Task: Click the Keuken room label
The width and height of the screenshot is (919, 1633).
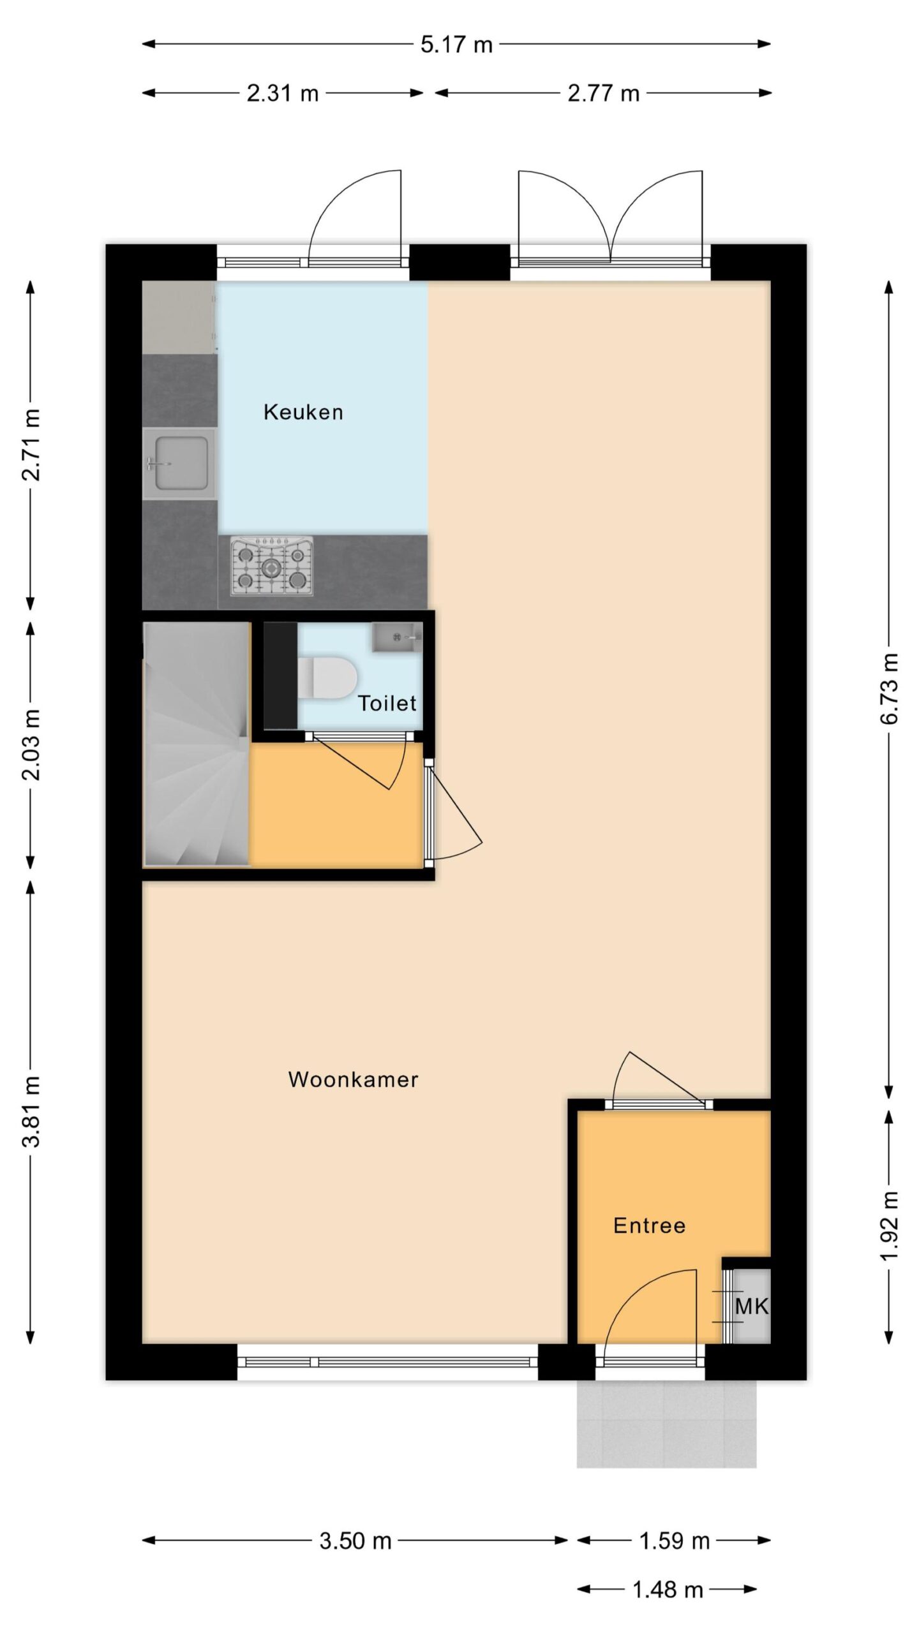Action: (303, 412)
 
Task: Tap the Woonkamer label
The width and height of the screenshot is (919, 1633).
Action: (353, 1079)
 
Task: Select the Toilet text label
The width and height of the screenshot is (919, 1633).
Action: (387, 703)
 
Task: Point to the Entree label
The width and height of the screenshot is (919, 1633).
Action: (649, 1225)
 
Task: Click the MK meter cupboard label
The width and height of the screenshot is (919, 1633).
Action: (752, 1306)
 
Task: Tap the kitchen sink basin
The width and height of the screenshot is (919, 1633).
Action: (179, 463)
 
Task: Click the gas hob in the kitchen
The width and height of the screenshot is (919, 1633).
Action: (272, 566)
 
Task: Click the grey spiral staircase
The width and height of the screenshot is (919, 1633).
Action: (196, 745)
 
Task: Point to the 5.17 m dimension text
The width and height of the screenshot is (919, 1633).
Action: (457, 45)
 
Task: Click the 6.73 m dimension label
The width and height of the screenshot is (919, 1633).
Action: (889, 689)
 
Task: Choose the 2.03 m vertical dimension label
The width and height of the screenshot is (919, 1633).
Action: (31, 744)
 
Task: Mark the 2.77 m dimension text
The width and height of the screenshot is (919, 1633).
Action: (604, 94)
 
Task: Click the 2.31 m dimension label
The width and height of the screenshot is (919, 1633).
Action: (283, 94)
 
